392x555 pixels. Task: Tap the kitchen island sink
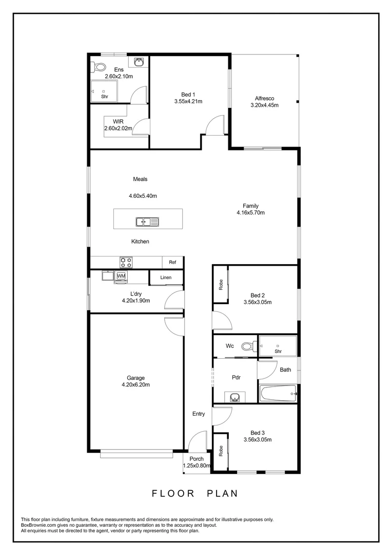(147, 222)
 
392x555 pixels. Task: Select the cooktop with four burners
(126, 262)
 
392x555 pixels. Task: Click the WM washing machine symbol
(121, 276)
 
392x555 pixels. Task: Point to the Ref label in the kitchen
(172, 263)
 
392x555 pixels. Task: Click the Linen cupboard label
(165, 278)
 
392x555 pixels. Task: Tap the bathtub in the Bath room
(278, 394)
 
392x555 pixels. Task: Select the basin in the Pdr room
(235, 397)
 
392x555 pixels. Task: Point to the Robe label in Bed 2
(221, 285)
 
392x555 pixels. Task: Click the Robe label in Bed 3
(221, 451)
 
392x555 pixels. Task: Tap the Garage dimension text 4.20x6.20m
(135, 385)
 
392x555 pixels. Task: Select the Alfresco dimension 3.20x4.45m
(264, 105)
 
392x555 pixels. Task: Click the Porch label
(197, 459)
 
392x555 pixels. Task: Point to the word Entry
(199, 414)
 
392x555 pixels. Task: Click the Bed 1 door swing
(215, 125)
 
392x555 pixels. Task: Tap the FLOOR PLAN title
(195, 493)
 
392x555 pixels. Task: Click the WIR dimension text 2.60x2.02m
(118, 128)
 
